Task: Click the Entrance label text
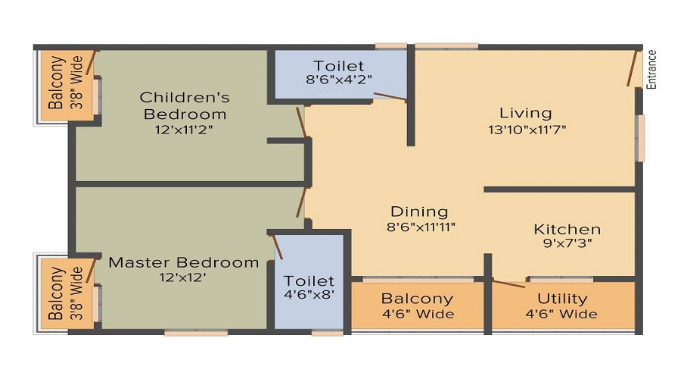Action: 651,70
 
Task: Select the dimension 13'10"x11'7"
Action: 527,130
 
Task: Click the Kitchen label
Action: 567,229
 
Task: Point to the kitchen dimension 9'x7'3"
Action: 567,244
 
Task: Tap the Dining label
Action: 419,211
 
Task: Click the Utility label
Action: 563,298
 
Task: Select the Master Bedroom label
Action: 184,262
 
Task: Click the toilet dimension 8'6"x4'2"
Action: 339,79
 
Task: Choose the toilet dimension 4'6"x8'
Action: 309,296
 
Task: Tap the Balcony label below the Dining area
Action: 417,298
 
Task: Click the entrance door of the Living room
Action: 632,68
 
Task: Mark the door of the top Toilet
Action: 390,96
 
